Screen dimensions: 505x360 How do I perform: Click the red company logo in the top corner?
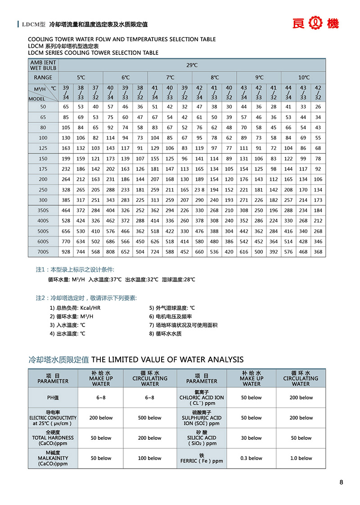pos(322,24)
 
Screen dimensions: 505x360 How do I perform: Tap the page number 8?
pos(341,483)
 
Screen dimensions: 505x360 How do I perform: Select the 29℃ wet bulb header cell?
pos(192,65)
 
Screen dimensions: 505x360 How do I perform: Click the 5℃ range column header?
pos(81,77)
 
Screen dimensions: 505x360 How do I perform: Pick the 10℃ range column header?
pos(303,77)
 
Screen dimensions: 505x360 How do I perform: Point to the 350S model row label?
pos(43,210)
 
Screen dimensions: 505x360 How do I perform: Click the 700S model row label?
pos(43,252)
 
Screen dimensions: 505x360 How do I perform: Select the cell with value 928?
pos(66,252)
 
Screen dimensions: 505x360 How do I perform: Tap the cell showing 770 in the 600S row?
pos(66,241)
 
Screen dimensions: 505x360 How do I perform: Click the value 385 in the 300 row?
pos(66,200)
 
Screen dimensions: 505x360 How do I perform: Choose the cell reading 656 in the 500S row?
pos(66,231)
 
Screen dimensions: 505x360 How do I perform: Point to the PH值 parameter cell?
pos(53,398)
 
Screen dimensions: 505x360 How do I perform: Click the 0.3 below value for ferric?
pos(251,458)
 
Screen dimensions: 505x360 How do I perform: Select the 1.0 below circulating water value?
pos(301,458)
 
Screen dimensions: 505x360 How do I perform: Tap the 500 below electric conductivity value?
pos(149,418)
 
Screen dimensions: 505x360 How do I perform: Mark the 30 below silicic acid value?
pos(251,438)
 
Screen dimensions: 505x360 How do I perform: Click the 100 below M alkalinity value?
pos(149,458)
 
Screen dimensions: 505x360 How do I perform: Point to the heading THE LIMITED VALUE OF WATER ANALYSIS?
pos(167,359)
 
